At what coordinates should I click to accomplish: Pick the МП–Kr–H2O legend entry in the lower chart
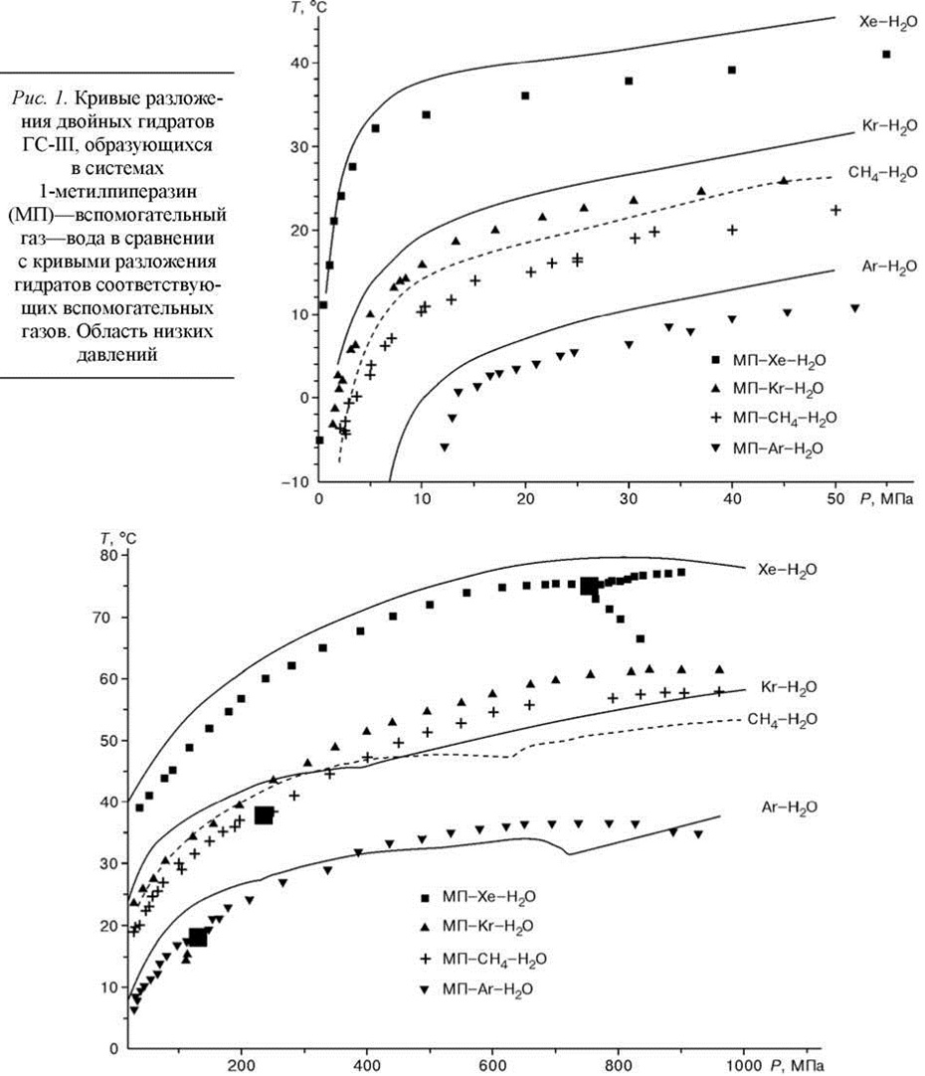(x=484, y=926)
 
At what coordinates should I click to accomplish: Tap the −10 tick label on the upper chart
(x=297, y=481)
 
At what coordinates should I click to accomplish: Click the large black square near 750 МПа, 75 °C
(x=590, y=586)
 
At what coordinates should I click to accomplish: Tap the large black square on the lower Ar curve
(x=197, y=936)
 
